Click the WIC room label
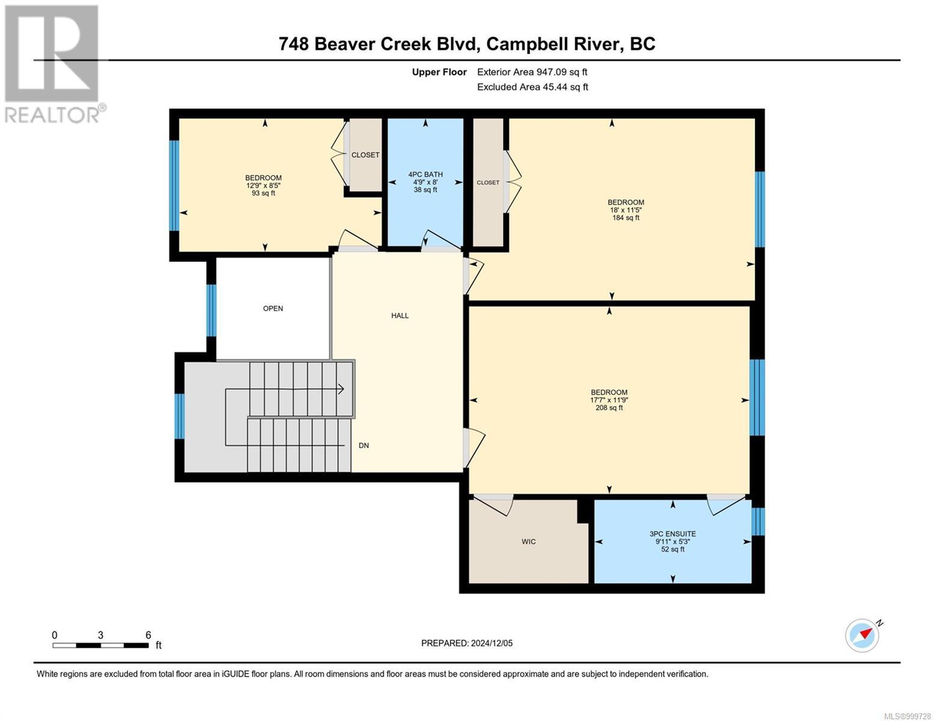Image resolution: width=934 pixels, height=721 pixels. tap(528, 541)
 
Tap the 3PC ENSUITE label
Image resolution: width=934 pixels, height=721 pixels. tap(672, 534)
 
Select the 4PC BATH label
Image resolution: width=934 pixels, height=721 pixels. tap(425, 174)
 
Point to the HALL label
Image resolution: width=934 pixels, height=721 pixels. tap(400, 315)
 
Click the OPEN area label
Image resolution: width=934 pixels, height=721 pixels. tap(273, 308)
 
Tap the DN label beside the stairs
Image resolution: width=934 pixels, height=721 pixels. tap(364, 445)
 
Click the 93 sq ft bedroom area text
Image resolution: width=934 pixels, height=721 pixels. tap(263, 193)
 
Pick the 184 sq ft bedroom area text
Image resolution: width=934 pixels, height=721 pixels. tap(626, 218)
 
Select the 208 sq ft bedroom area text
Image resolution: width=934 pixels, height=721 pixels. tap(609, 407)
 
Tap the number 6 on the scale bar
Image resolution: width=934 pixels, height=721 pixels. tap(149, 634)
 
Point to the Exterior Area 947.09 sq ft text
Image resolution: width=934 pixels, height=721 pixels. tap(532, 72)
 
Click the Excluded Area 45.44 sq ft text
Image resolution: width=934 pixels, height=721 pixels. tap(532, 87)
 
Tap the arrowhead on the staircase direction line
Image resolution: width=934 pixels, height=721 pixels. tap(341, 389)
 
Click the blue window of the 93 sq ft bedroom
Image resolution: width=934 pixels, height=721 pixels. tap(174, 186)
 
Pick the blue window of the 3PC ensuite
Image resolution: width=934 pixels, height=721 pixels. tap(758, 522)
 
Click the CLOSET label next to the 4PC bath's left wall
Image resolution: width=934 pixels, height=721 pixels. tap(365, 155)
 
